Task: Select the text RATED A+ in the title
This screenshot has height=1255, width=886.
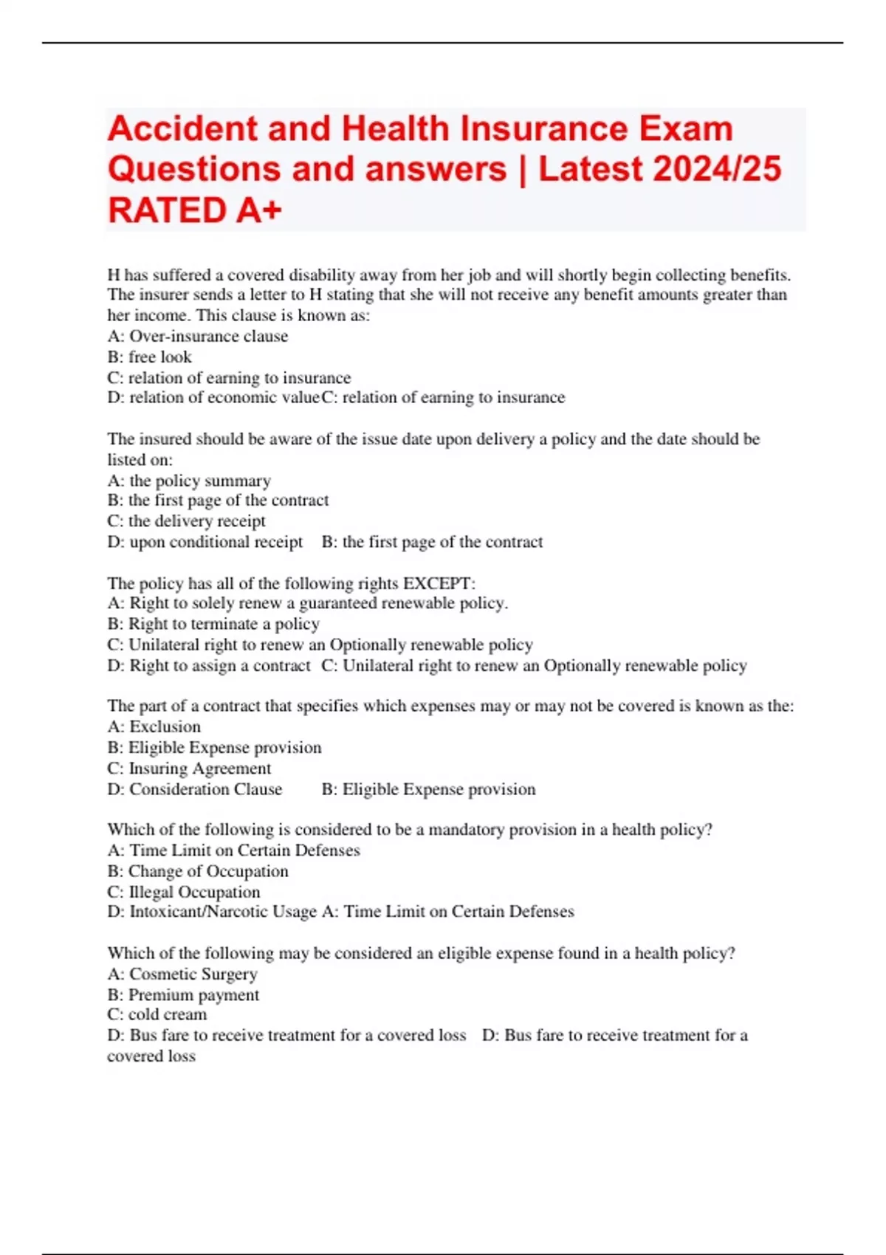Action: tap(195, 210)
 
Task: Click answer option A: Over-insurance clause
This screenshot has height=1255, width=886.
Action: tap(198, 336)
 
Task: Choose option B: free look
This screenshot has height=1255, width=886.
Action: tap(150, 357)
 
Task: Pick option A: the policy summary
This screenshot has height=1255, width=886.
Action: tap(189, 481)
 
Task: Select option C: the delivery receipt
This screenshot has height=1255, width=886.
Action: tap(187, 521)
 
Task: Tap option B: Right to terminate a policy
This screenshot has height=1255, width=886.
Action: tap(213, 624)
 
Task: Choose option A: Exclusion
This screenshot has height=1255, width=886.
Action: tap(154, 726)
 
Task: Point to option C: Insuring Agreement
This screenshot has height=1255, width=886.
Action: tap(189, 769)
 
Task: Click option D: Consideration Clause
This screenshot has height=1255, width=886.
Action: tap(195, 789)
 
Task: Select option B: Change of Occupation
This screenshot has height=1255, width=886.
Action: tap(198, 871)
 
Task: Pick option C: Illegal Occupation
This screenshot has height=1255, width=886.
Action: tap(184, 892)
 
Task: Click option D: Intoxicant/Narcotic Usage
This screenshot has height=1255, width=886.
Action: tap(212, 912)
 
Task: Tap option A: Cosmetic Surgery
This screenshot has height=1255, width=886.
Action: tap(182, 974)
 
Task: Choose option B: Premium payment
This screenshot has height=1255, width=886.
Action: tap(183, 994)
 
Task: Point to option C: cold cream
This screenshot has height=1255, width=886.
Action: tap(157, 1014)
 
